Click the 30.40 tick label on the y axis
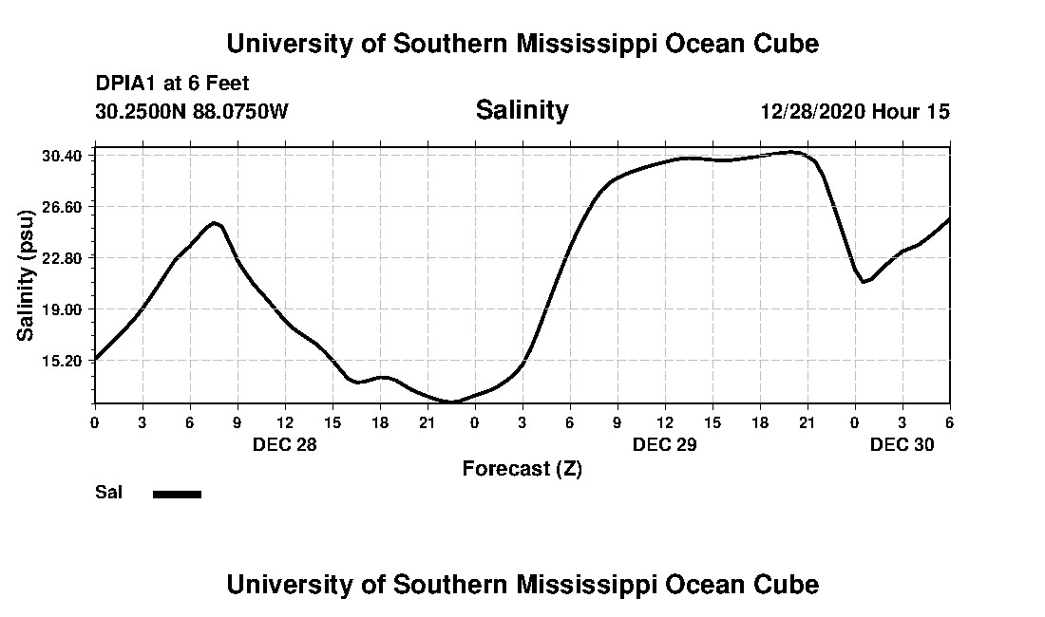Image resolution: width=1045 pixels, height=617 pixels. [x=65, y=155]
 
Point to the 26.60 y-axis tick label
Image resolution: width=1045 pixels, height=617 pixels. [x=65, y=206]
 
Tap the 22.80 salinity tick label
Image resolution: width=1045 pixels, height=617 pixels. [x=65, y=257]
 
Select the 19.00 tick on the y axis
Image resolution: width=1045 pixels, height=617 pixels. [x=65, y=308]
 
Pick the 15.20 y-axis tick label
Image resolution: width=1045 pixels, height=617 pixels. [x=65, y=360]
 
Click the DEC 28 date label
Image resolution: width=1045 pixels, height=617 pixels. [x=284, y=444]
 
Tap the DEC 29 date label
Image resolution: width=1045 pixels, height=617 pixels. [x=664, y=444]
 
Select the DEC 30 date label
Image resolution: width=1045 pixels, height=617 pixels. [x=902, y=444]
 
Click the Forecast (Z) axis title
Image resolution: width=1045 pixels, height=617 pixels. [x=522, y=468]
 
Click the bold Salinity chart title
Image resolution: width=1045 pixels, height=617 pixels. [x=522, y=110]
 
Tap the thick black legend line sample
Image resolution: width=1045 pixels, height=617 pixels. [x=177, y=494]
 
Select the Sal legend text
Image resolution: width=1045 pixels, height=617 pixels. [x=108, y=493]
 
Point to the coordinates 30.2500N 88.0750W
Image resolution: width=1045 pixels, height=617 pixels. [x=191, y=111]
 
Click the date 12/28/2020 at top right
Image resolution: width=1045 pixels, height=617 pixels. [x=812, y=111]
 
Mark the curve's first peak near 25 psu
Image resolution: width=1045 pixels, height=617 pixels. [x=216, y=222]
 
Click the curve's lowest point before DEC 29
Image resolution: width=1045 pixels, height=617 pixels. [x=451, y=402]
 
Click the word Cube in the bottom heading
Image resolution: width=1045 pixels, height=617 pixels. [x=790, y=584]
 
